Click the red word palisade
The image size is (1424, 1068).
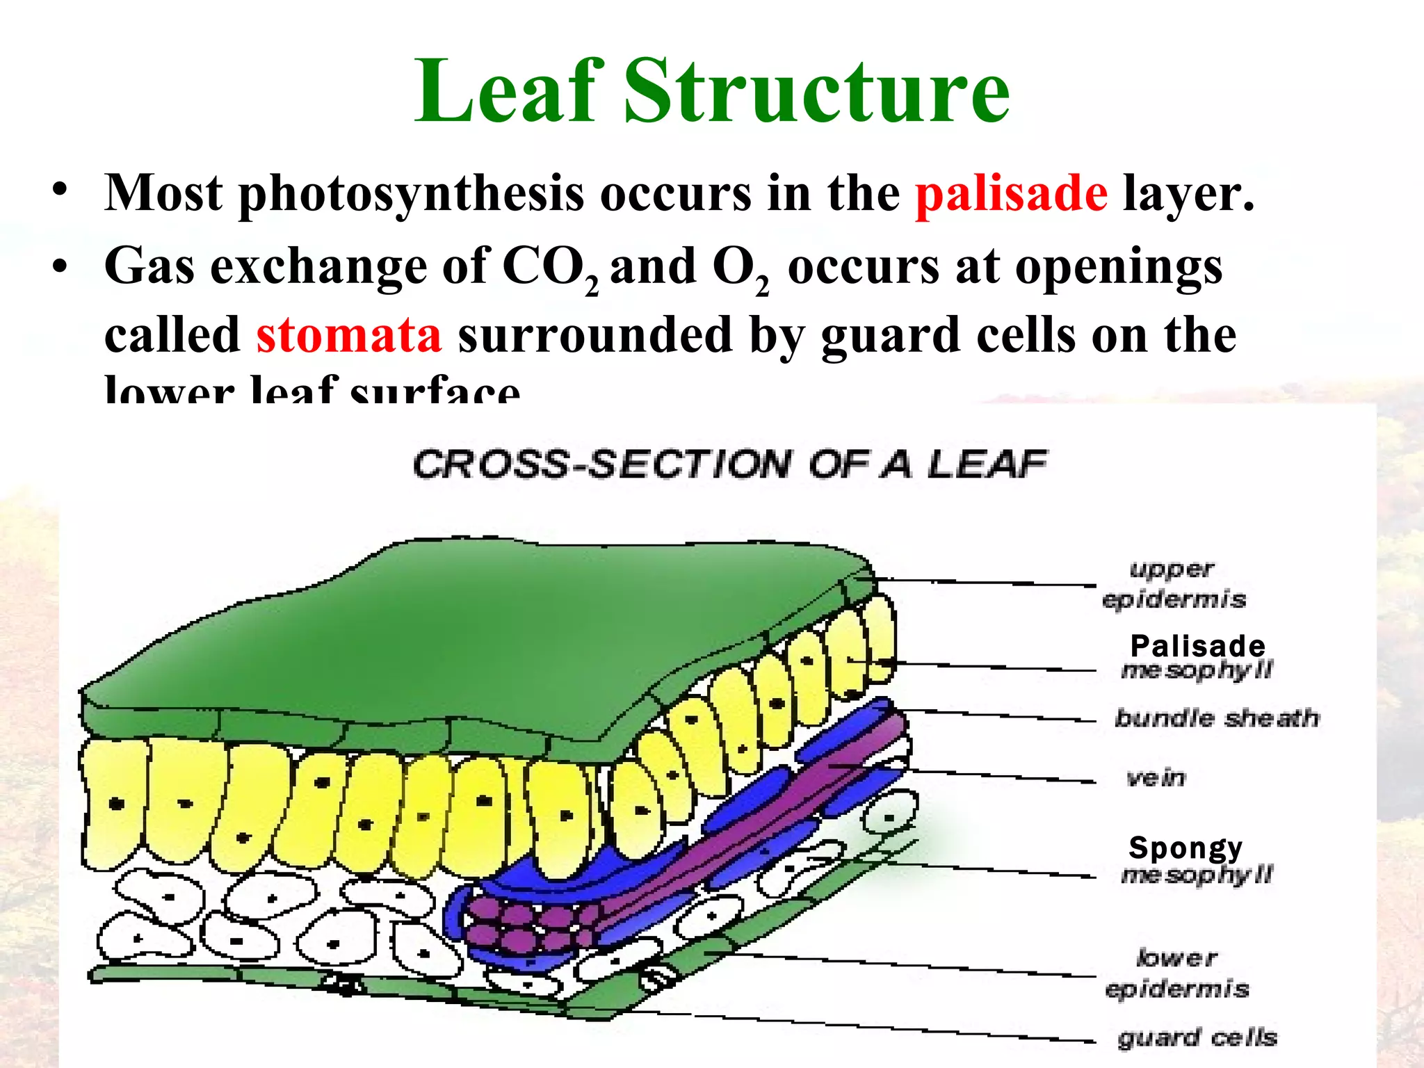pyautogui.click(x=1011, y=194)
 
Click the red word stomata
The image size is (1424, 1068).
pyautogui.click(x=348, y=335)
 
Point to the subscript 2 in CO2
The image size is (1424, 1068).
pyautogui.click(x=591, y=286)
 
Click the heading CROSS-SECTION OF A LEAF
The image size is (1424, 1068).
pyautogui.click(x=729, y=464)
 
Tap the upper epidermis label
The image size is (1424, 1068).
pyautogui.click(x=1174, y=584)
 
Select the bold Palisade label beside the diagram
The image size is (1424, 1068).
pyautogui.click(x=1197, y=646)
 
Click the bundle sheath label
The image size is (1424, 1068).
pyautogui.click(x=1216, y=718)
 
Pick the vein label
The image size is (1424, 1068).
pyautogui.click(x=1156, y=777)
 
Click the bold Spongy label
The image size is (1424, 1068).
pyautogui.click(x=1186, y=848)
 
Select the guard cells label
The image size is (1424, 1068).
pyautogui.click(x=1197, y=1038)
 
